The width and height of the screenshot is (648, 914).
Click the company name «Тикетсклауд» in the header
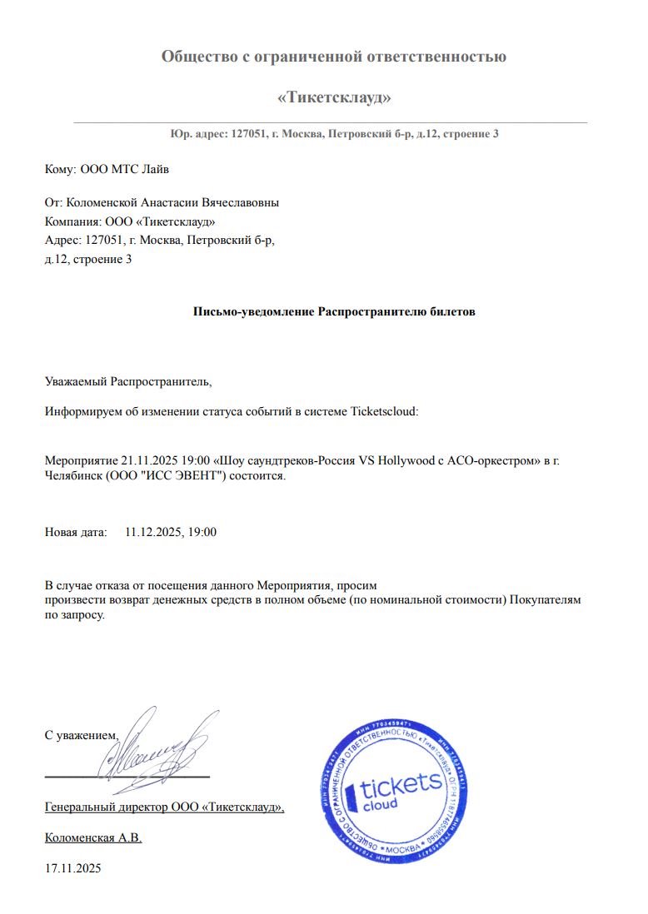click(x=333, y=97)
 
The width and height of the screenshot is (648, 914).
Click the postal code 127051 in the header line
click(x=246, y=134)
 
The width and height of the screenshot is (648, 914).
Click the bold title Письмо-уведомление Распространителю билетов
click(x=334, y=311)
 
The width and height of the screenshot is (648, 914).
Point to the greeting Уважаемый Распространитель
click(x=128, y=382)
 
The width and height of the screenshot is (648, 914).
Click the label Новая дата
click(x=75, y=531)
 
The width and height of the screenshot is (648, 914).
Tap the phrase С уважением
click(x=82, y=735)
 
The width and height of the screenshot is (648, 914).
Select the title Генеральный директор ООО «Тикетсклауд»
click(x=164, y=807)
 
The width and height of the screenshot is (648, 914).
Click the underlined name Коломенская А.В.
click(x=93, y=837)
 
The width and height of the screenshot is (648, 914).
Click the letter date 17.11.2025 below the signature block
click(x=72, y=868)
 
